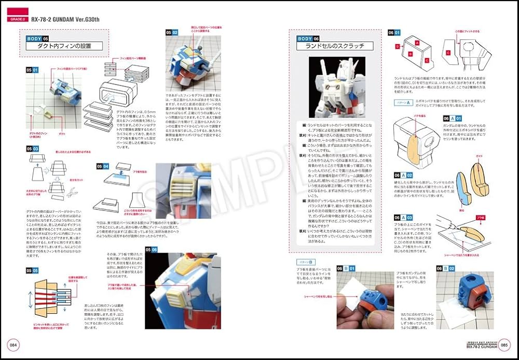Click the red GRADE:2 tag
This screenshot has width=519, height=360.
coord(19,20)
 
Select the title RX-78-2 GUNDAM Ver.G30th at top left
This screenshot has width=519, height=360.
coord(65,20)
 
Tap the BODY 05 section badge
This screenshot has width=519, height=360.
coord(38,38)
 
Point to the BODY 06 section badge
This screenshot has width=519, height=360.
coord(309,38)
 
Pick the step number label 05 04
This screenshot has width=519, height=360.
coord(103,166)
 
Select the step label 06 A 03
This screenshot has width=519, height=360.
coord(403,217)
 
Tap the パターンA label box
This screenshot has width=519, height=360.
coord(402,102)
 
